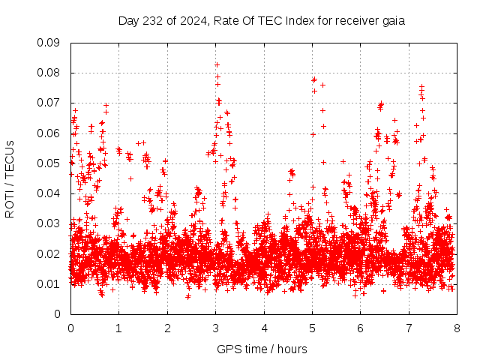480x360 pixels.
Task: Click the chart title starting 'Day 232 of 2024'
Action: click(x=262, y=20)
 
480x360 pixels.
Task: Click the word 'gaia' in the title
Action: click(x=392, y=20)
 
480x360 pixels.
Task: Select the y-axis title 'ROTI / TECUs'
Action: click(x=10, y=178)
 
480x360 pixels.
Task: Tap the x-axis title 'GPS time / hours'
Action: click(x=262, y=349)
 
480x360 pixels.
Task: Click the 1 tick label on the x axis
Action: click(x=118, y=328)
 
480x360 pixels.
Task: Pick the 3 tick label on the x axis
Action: click(x=215, y=328)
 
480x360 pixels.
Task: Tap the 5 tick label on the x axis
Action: click(x=312, y=328)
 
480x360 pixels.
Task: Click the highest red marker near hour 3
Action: click(x=217, y=64)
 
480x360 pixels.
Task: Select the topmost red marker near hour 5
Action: click(x=314, y=79)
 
